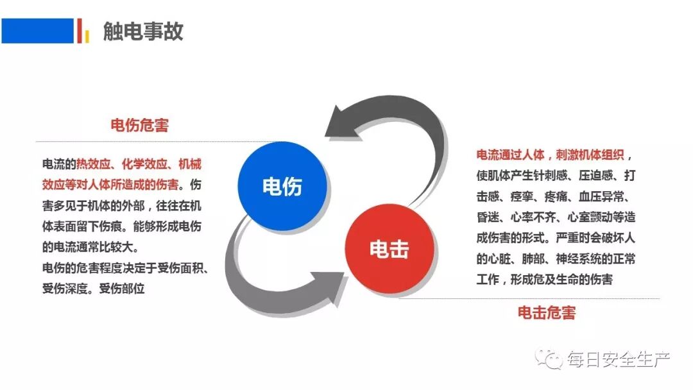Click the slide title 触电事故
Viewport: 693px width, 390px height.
point(143,31)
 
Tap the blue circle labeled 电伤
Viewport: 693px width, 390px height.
point(282,186)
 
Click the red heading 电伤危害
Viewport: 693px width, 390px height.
point(139,125)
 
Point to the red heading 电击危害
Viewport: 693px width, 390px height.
point(547,313)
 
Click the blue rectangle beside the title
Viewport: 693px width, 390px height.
point(37,31)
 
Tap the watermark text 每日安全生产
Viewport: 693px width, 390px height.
point(619,360)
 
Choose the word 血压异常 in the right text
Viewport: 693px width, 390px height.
point(598,196)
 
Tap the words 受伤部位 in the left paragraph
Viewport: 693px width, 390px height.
point(122,287)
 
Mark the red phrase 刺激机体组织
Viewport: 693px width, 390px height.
point(588,155)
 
